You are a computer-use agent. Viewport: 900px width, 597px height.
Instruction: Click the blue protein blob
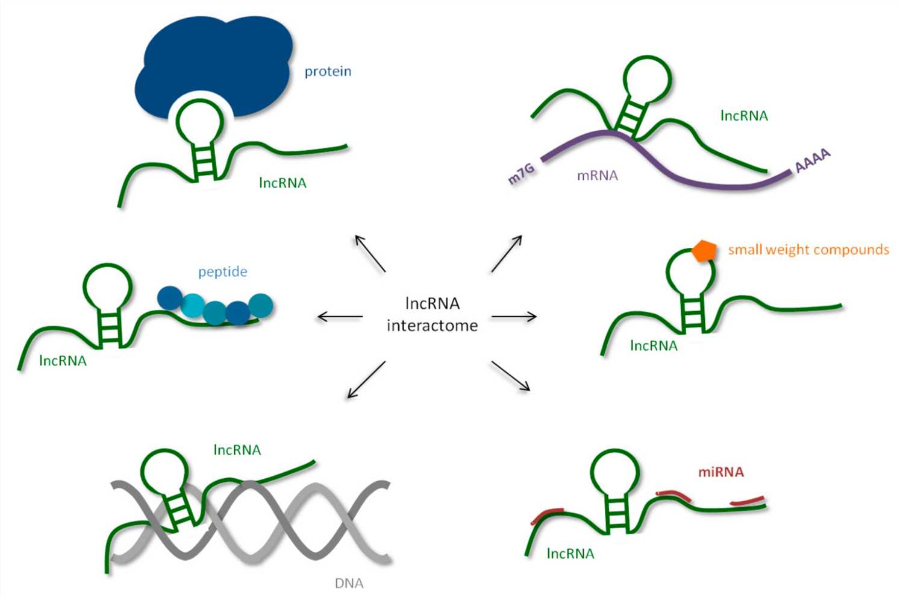[211, 60]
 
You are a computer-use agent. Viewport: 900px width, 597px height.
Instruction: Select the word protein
[328, 72]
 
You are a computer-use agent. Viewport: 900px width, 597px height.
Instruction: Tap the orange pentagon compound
[704, 250]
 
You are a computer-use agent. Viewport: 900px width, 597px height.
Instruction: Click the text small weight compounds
[808, 250]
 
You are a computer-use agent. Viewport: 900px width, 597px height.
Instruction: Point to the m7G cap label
[522, 174]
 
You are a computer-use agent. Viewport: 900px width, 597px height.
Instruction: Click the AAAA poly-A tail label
[813, 161]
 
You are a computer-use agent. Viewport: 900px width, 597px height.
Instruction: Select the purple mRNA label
[598, 176]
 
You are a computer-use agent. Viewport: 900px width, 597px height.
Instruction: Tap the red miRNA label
[721, 472]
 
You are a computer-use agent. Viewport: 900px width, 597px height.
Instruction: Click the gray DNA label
[349, 583]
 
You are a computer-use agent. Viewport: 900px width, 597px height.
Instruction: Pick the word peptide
[223, 272]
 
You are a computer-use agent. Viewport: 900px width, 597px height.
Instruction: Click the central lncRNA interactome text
[433, 314]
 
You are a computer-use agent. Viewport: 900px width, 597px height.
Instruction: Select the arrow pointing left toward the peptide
[340, 317]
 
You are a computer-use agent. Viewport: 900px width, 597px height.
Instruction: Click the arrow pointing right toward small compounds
[514, 317]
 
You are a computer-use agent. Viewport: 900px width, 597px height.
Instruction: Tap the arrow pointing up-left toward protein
[370, 254]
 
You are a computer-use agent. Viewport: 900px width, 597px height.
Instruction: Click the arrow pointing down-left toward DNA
[366, 380]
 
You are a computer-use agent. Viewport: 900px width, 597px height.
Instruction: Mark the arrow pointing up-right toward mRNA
[507, 254]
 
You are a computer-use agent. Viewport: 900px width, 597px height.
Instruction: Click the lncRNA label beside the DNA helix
[237, 450]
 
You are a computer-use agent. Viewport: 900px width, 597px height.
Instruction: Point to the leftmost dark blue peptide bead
[170, 298]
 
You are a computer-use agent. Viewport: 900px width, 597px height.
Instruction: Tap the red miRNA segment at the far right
[748, 501]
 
